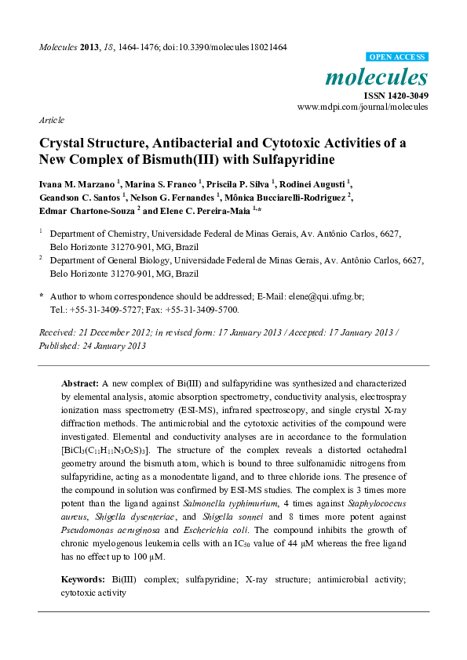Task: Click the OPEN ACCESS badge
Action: (x=398, y=57)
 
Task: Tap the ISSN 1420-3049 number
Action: (x=395, y=95)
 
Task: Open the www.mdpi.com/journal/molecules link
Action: (x=363, y=107)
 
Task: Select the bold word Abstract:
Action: (x=81, y=383)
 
